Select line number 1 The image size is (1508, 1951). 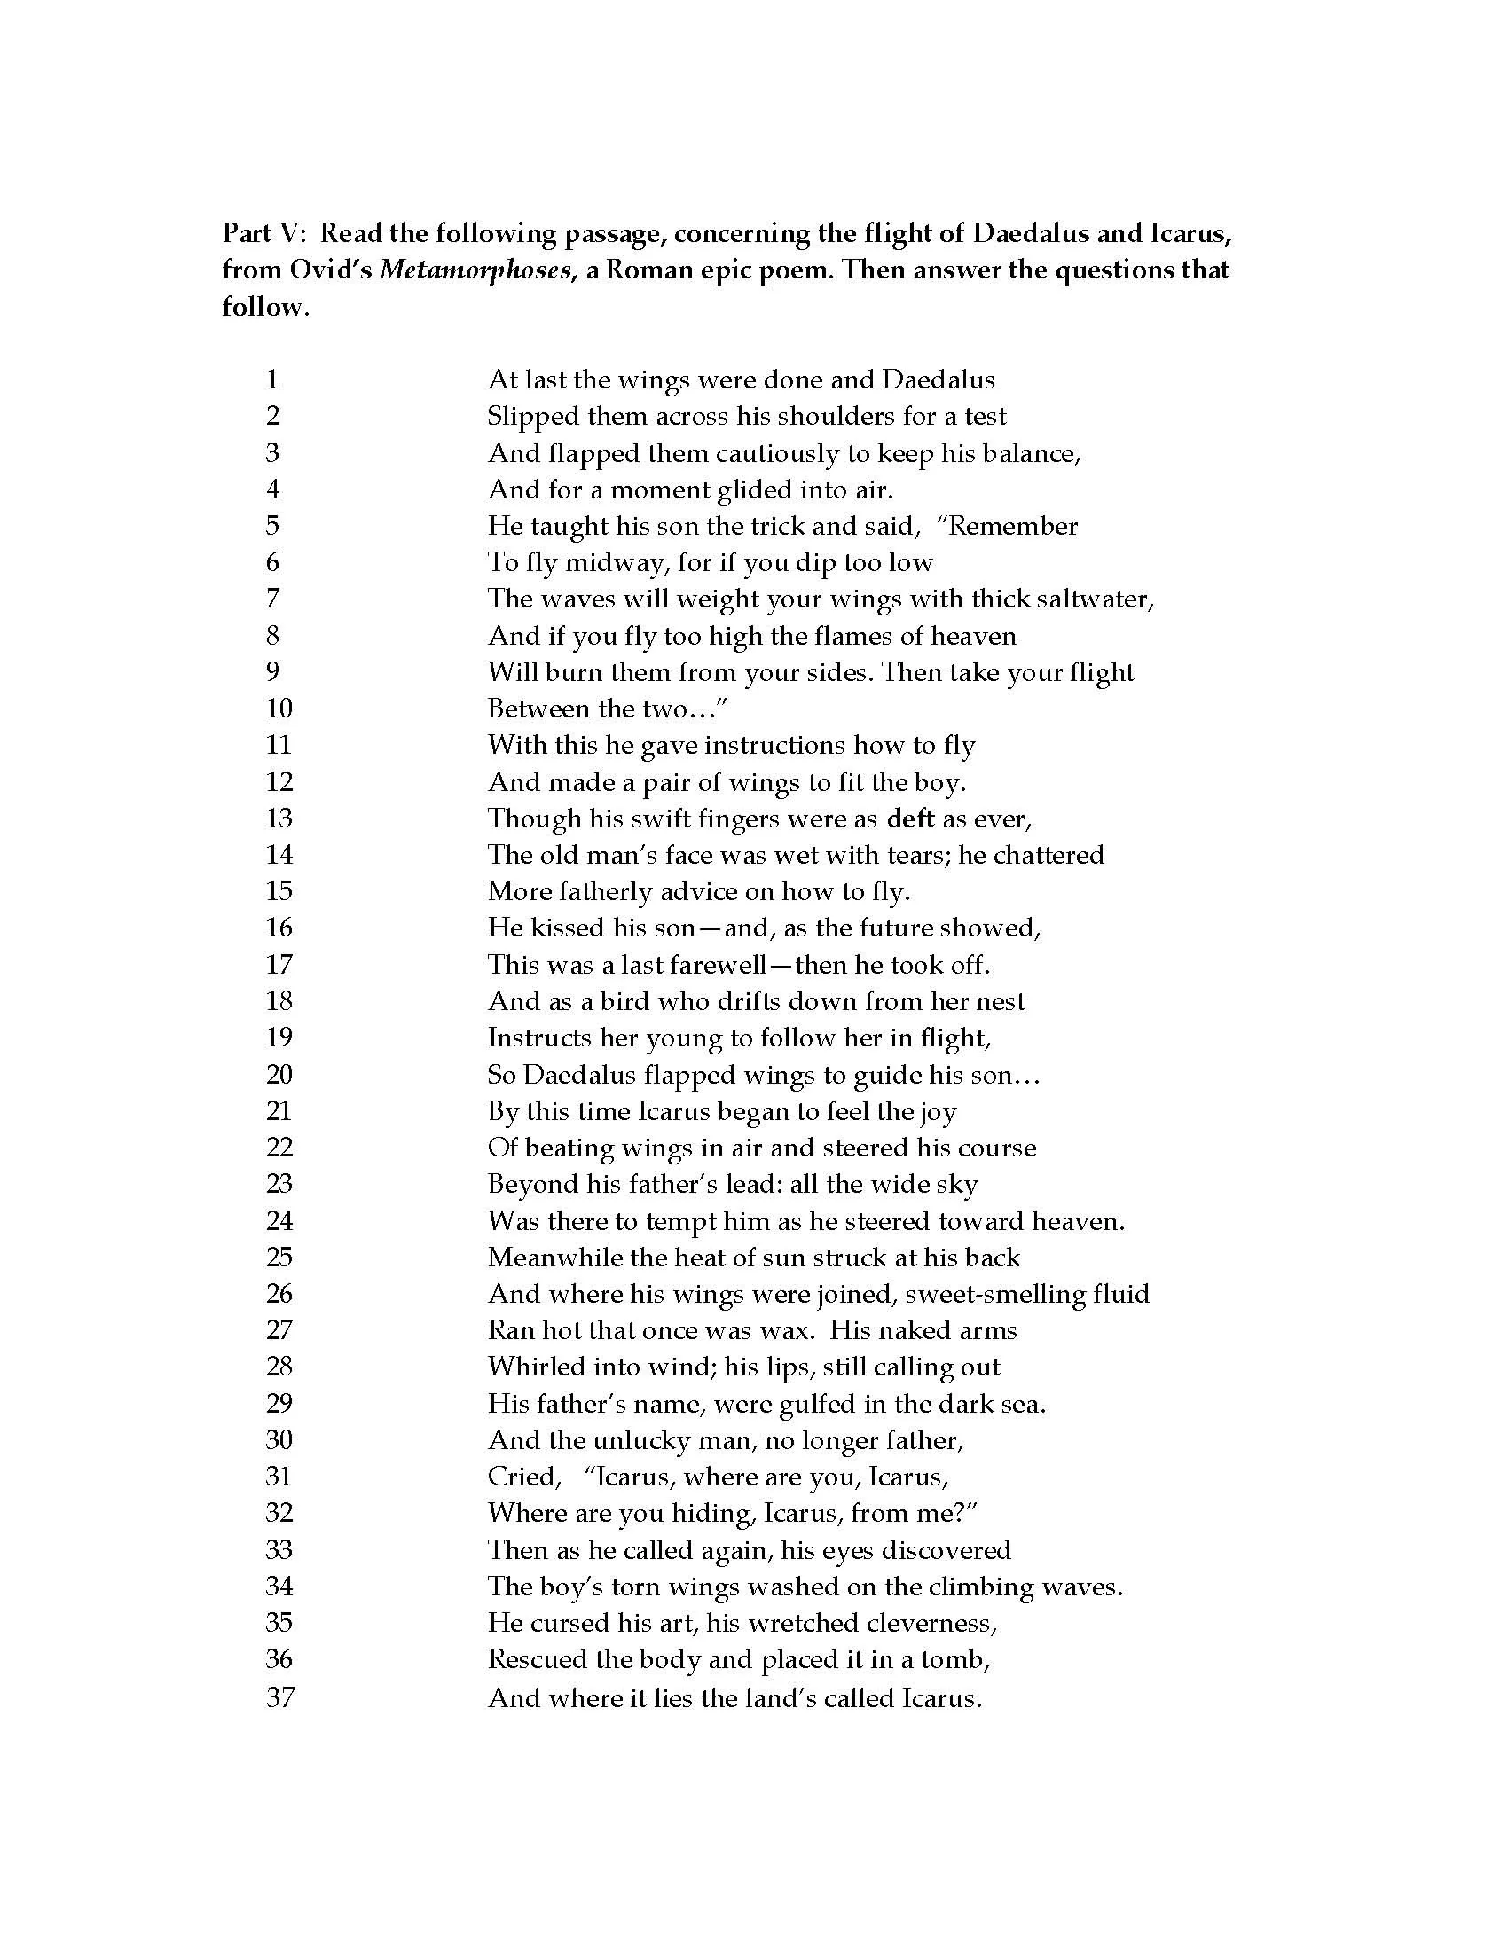pos(272,380)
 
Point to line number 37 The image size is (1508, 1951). pos(279,1696)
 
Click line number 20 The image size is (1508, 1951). pos(279,1075)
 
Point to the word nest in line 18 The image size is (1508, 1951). pos(1001,1001)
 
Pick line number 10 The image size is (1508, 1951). pos(279,709)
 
